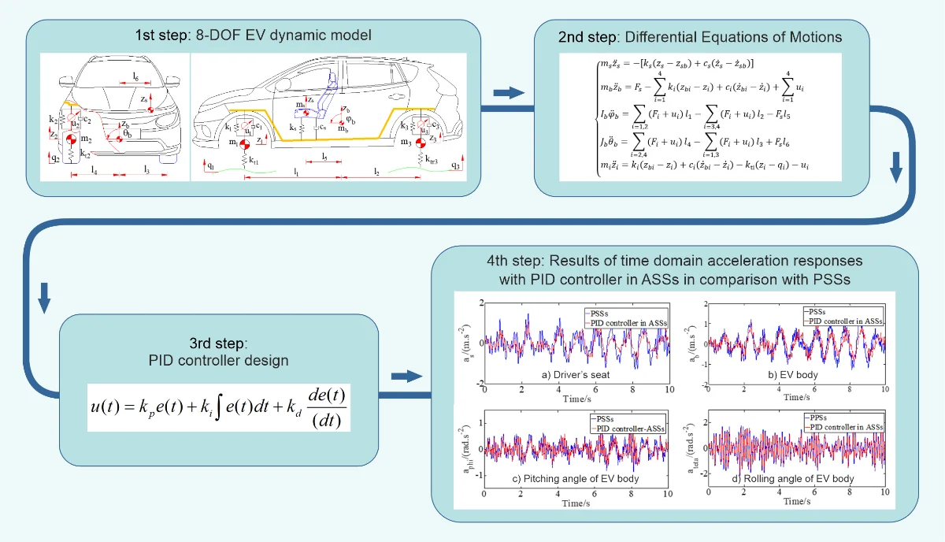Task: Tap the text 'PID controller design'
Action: (218, 361)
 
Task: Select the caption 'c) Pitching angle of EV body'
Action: (575, 479)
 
